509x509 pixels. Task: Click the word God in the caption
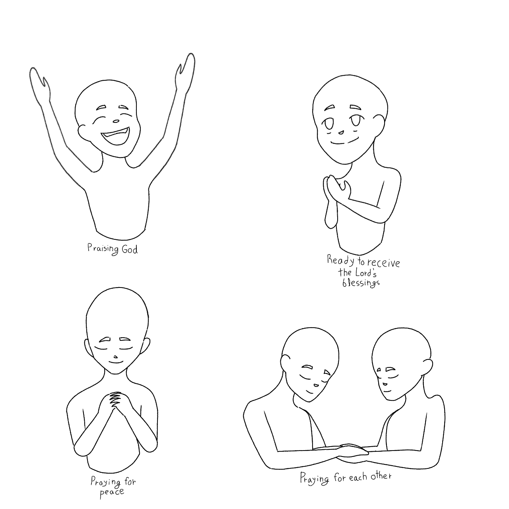point(129,249)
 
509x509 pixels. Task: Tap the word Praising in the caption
point(103,249)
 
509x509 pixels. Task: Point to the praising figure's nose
point(116,122)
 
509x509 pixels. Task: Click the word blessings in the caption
point(361,283)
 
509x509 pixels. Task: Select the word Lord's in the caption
point(365,273)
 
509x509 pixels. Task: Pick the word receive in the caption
point(384,262)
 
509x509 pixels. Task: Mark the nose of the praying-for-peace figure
point(115,357)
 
